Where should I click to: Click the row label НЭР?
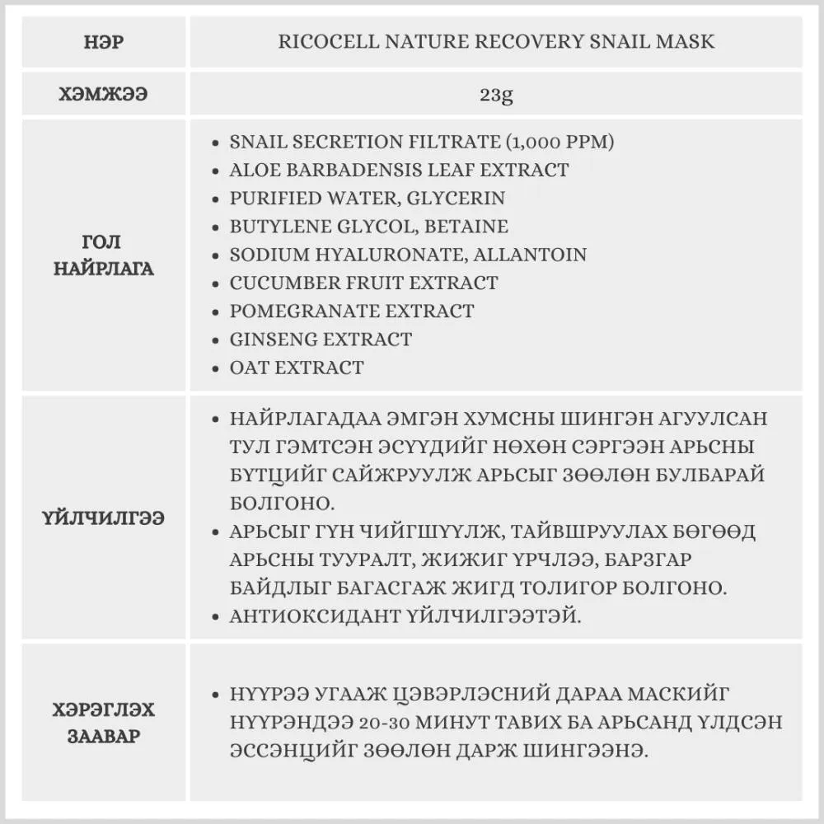click(x=104, y=41)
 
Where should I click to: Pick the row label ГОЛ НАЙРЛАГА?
click(x=104, y=255)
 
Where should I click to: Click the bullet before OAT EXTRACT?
click(x=215, y=368)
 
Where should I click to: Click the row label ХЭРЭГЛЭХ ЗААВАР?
click(x=104, y=722)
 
